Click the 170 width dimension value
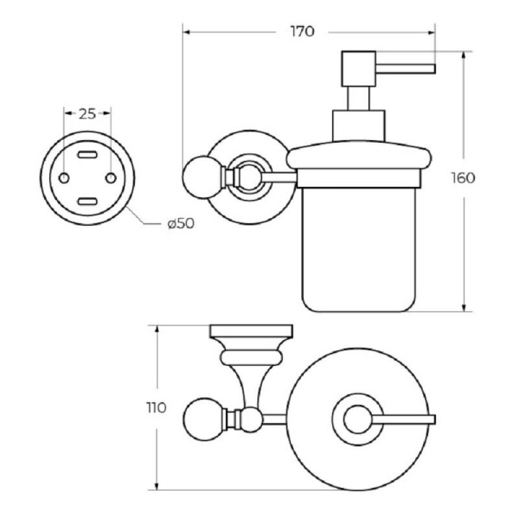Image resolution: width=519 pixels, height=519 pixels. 302,32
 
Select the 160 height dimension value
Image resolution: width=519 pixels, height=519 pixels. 463,178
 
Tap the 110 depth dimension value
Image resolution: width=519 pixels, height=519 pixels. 156,408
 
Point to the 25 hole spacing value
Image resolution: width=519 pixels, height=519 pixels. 87,114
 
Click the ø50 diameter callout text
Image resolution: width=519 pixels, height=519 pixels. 181,224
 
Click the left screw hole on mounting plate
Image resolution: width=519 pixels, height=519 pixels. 64,178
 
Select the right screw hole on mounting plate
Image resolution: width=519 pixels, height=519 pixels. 111,178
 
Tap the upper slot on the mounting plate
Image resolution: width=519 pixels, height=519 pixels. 88,154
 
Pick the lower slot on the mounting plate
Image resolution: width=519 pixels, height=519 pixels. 88,201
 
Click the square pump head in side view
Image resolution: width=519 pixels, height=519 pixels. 359,69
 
